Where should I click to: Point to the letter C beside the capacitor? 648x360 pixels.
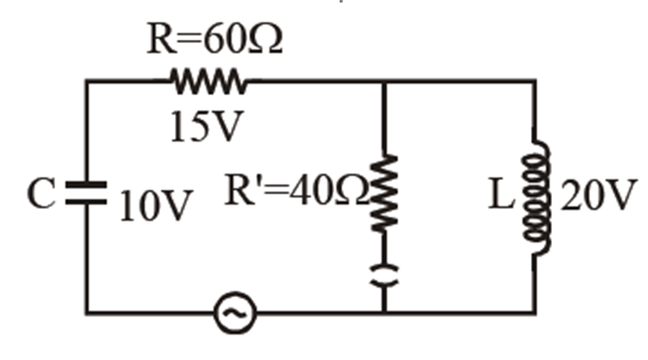click(42, 196)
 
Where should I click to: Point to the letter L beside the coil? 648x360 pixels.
click(501, 197)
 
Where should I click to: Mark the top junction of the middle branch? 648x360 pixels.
click(386, 82)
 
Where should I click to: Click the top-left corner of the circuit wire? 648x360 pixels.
click(86, 82)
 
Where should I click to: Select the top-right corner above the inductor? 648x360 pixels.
click(536, 82)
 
